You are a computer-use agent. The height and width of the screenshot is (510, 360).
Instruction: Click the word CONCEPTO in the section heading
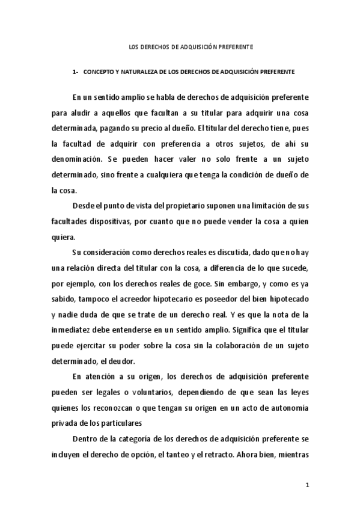point(97,71)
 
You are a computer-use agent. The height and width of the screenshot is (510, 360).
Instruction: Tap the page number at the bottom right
point(307,485)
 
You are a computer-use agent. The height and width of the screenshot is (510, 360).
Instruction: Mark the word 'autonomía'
point(290,408)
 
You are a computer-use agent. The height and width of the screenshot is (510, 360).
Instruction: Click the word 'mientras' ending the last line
point(293,455)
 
